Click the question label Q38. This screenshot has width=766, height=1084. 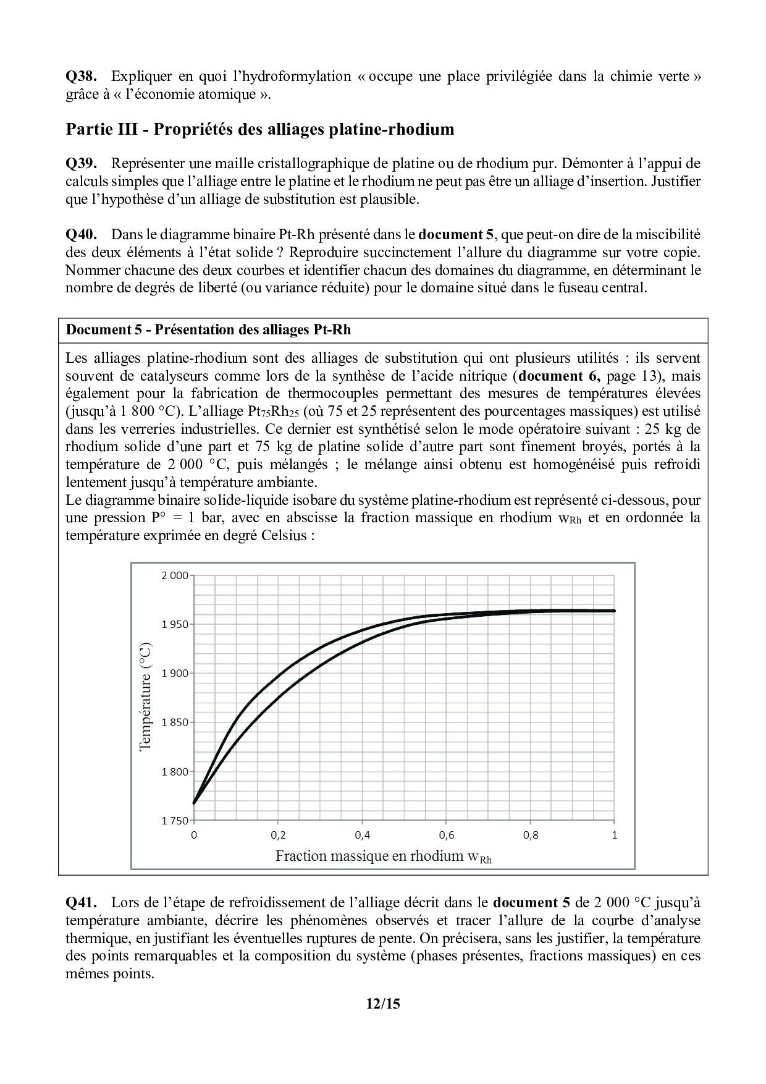[x=81, y=77]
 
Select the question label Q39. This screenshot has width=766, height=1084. [x=81, y=164]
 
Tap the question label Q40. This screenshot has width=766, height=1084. [x=81, y=234]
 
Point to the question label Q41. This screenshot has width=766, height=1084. [x=81, y=903]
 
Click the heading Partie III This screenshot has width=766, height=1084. [x=259, y=129]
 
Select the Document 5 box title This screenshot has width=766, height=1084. [x=208, y=329]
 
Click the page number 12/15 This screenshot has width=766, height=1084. [x=383, y=1004]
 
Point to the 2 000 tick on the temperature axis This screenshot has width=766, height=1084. [x=174, y=575]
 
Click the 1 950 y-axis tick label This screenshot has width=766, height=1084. [x=174, y=624]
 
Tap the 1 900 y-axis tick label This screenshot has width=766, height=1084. [x=174, y=673]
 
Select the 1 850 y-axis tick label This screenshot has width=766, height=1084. [x=174, y=722]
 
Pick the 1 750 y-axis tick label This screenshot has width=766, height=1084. [x=174, y=821]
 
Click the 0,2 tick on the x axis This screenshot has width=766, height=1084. [x=278, y=835]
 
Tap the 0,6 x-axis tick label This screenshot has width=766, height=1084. [x=446, y=835]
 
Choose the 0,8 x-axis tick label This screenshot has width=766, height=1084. [x=530, y=835]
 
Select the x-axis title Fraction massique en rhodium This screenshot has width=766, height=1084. [x=383, y=856]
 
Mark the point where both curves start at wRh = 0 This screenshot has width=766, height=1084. [x=194, y=803]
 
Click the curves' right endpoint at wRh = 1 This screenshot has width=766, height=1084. [x=614, y=611]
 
